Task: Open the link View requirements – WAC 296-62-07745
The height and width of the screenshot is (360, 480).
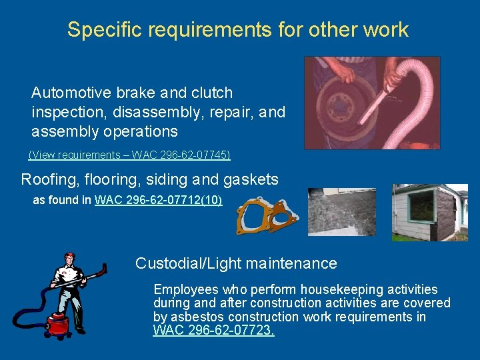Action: [x=129, y=155]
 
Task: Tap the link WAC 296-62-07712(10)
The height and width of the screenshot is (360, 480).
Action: [x=159, y=200]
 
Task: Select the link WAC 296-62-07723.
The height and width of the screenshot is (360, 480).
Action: [x=213, y=330]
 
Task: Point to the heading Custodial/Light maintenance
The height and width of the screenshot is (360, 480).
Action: [x=236, y=263]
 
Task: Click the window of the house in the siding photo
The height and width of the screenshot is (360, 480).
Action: [x=422, y=205]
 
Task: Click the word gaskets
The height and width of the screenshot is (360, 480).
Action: [x=253, y=179]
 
